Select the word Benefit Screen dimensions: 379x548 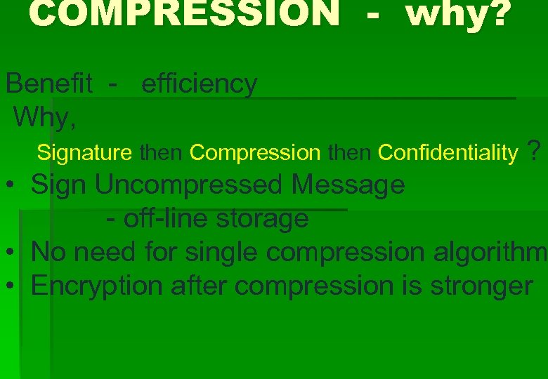click(x=48, y=84)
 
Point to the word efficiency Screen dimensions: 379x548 click(x=199, y=84)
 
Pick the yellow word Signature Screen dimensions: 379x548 click(x=84, y=152)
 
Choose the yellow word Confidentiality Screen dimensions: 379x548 click(x=448, y=152)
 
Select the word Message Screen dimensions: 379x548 click(x=348, y=185)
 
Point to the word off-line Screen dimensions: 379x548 click(x=166, y=218)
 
